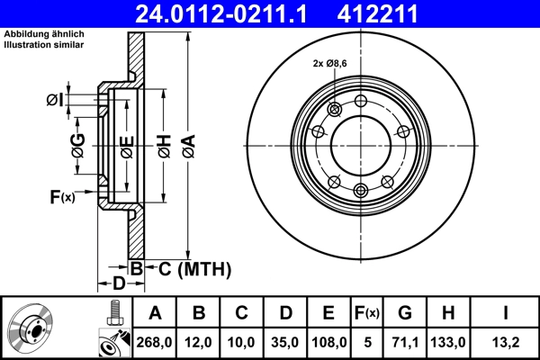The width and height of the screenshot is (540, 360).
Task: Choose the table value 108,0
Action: pyautogui.click(x=328, y=342)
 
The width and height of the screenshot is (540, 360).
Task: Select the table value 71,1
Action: pyautogui.click(x=405, y=342)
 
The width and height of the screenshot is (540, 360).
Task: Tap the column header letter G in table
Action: pyautogui.click(x=405, y=313)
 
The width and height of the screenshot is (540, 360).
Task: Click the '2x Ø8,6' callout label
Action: pyautogui.click(x=329, y=64)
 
